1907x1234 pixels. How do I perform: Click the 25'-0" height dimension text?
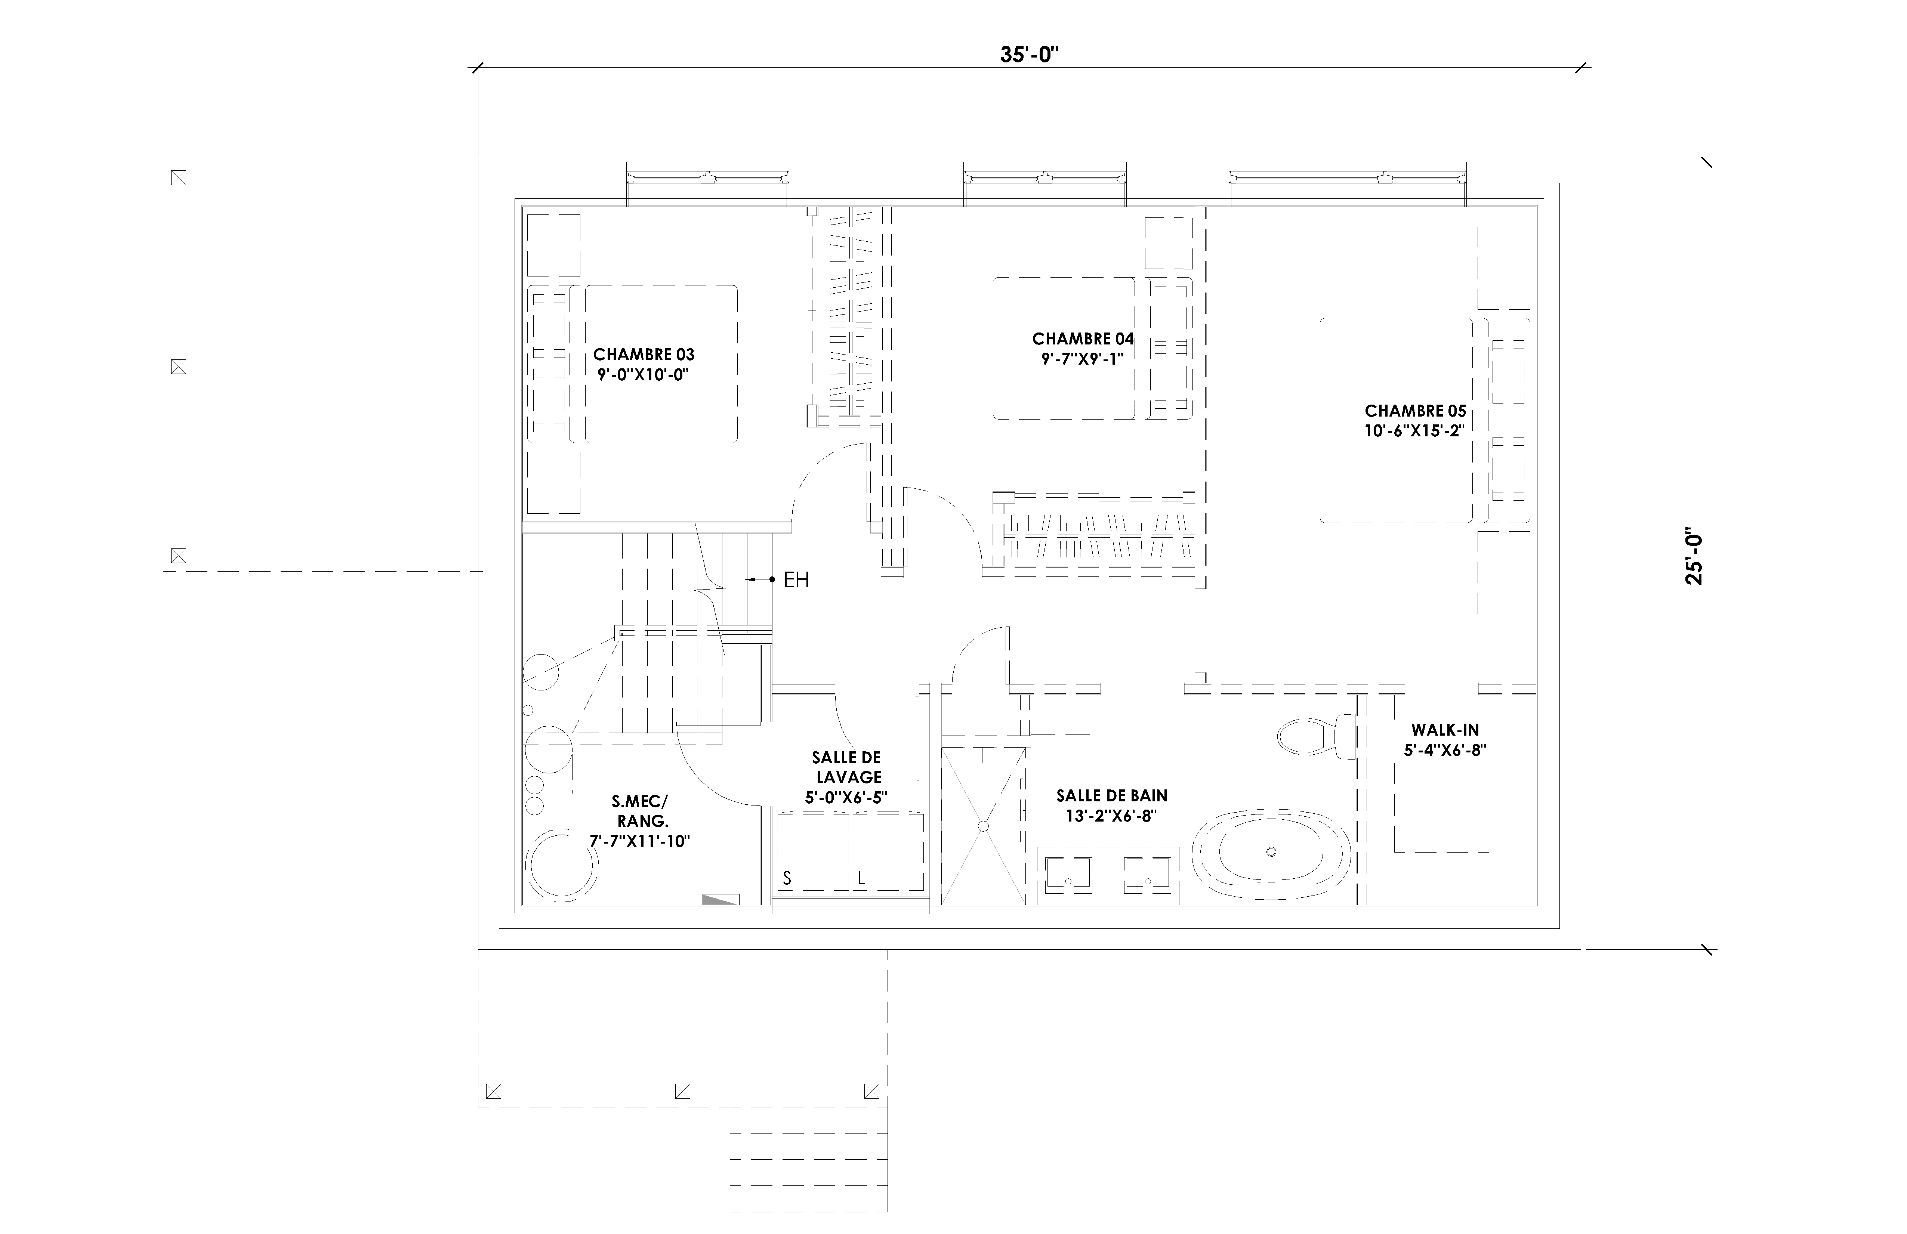[1695, 556]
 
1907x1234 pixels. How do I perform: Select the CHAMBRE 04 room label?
[1083, 339]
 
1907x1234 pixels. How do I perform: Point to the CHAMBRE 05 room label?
[1416, 411]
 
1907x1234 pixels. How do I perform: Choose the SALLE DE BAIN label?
[1111, 796]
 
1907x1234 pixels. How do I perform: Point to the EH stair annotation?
[796, 580]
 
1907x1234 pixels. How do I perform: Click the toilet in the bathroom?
[1317, 736]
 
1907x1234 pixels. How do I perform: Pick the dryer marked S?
[813, 852]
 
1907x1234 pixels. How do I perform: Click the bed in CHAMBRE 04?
[1063, 349]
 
